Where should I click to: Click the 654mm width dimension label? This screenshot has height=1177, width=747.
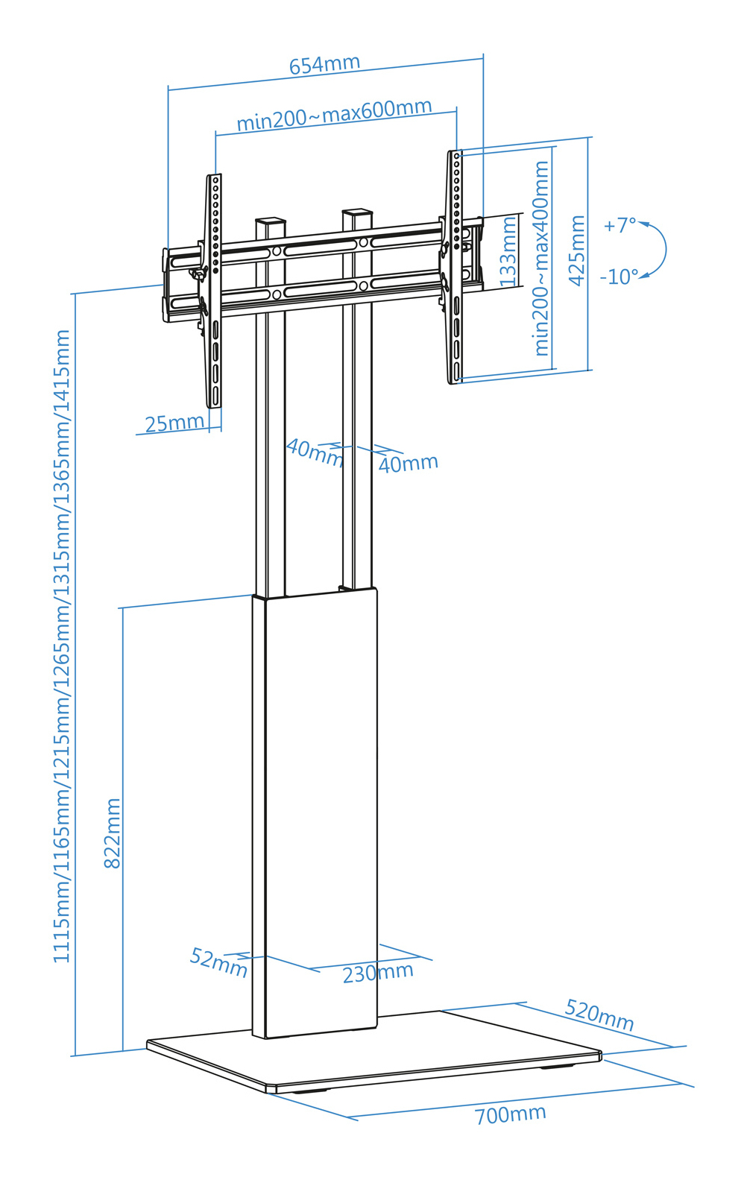(x=325, y=64)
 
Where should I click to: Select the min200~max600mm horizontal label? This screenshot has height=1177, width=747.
(x=334, y=115)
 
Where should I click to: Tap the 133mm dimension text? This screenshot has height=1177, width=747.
(x=508, y=251)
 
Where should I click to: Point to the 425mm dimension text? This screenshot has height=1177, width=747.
(x=577, y=250)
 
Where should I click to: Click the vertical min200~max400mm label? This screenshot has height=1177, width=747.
(x=541, y=258)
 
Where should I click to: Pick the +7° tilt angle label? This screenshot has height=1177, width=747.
(x=620, y=225)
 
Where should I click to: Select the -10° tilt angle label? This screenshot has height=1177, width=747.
(x=619, y=277)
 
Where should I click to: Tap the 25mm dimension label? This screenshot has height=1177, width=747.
(x=174, y=423)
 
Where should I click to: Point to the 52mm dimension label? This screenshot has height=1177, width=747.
(x=218, y=962)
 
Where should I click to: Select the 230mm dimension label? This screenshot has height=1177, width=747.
(x=377, y=973)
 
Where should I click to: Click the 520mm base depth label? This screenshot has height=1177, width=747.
(x=599, y=1015)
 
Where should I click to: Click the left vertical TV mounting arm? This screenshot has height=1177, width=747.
(x=213, y=291)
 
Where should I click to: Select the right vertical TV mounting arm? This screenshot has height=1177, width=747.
(x=455, y=267)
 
